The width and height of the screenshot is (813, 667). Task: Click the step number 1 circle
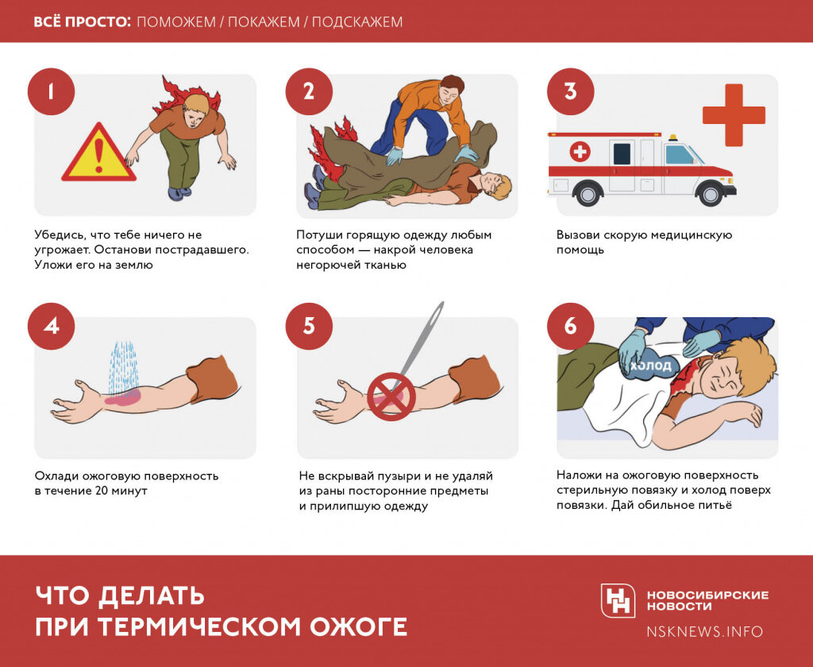point(51,92)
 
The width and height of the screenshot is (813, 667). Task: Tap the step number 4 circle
point(51,327)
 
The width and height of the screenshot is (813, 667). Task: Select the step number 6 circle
point(570,327)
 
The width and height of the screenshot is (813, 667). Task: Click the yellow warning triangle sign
point(98,153)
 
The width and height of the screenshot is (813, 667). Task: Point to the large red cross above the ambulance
point(734,114)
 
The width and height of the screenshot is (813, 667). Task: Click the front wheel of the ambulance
point(711,194)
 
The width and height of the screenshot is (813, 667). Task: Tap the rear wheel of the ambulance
point(588,194)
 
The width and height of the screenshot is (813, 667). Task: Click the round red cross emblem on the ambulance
point(580,152)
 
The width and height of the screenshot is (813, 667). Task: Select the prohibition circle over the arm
point(391,396)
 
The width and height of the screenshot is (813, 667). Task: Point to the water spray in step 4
point(123,366)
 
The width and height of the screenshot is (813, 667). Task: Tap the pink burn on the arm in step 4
point(123,398)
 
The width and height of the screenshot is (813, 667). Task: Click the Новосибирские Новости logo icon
point(618,600)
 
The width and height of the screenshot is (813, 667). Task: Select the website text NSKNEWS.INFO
point(705,632)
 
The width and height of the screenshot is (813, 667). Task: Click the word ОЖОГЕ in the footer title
point(358,626)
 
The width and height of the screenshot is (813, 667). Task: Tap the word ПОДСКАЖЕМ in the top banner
point(357,21)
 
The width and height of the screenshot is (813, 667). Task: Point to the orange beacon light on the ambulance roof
point(673,138)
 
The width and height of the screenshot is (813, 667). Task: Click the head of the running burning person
point(195,109)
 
